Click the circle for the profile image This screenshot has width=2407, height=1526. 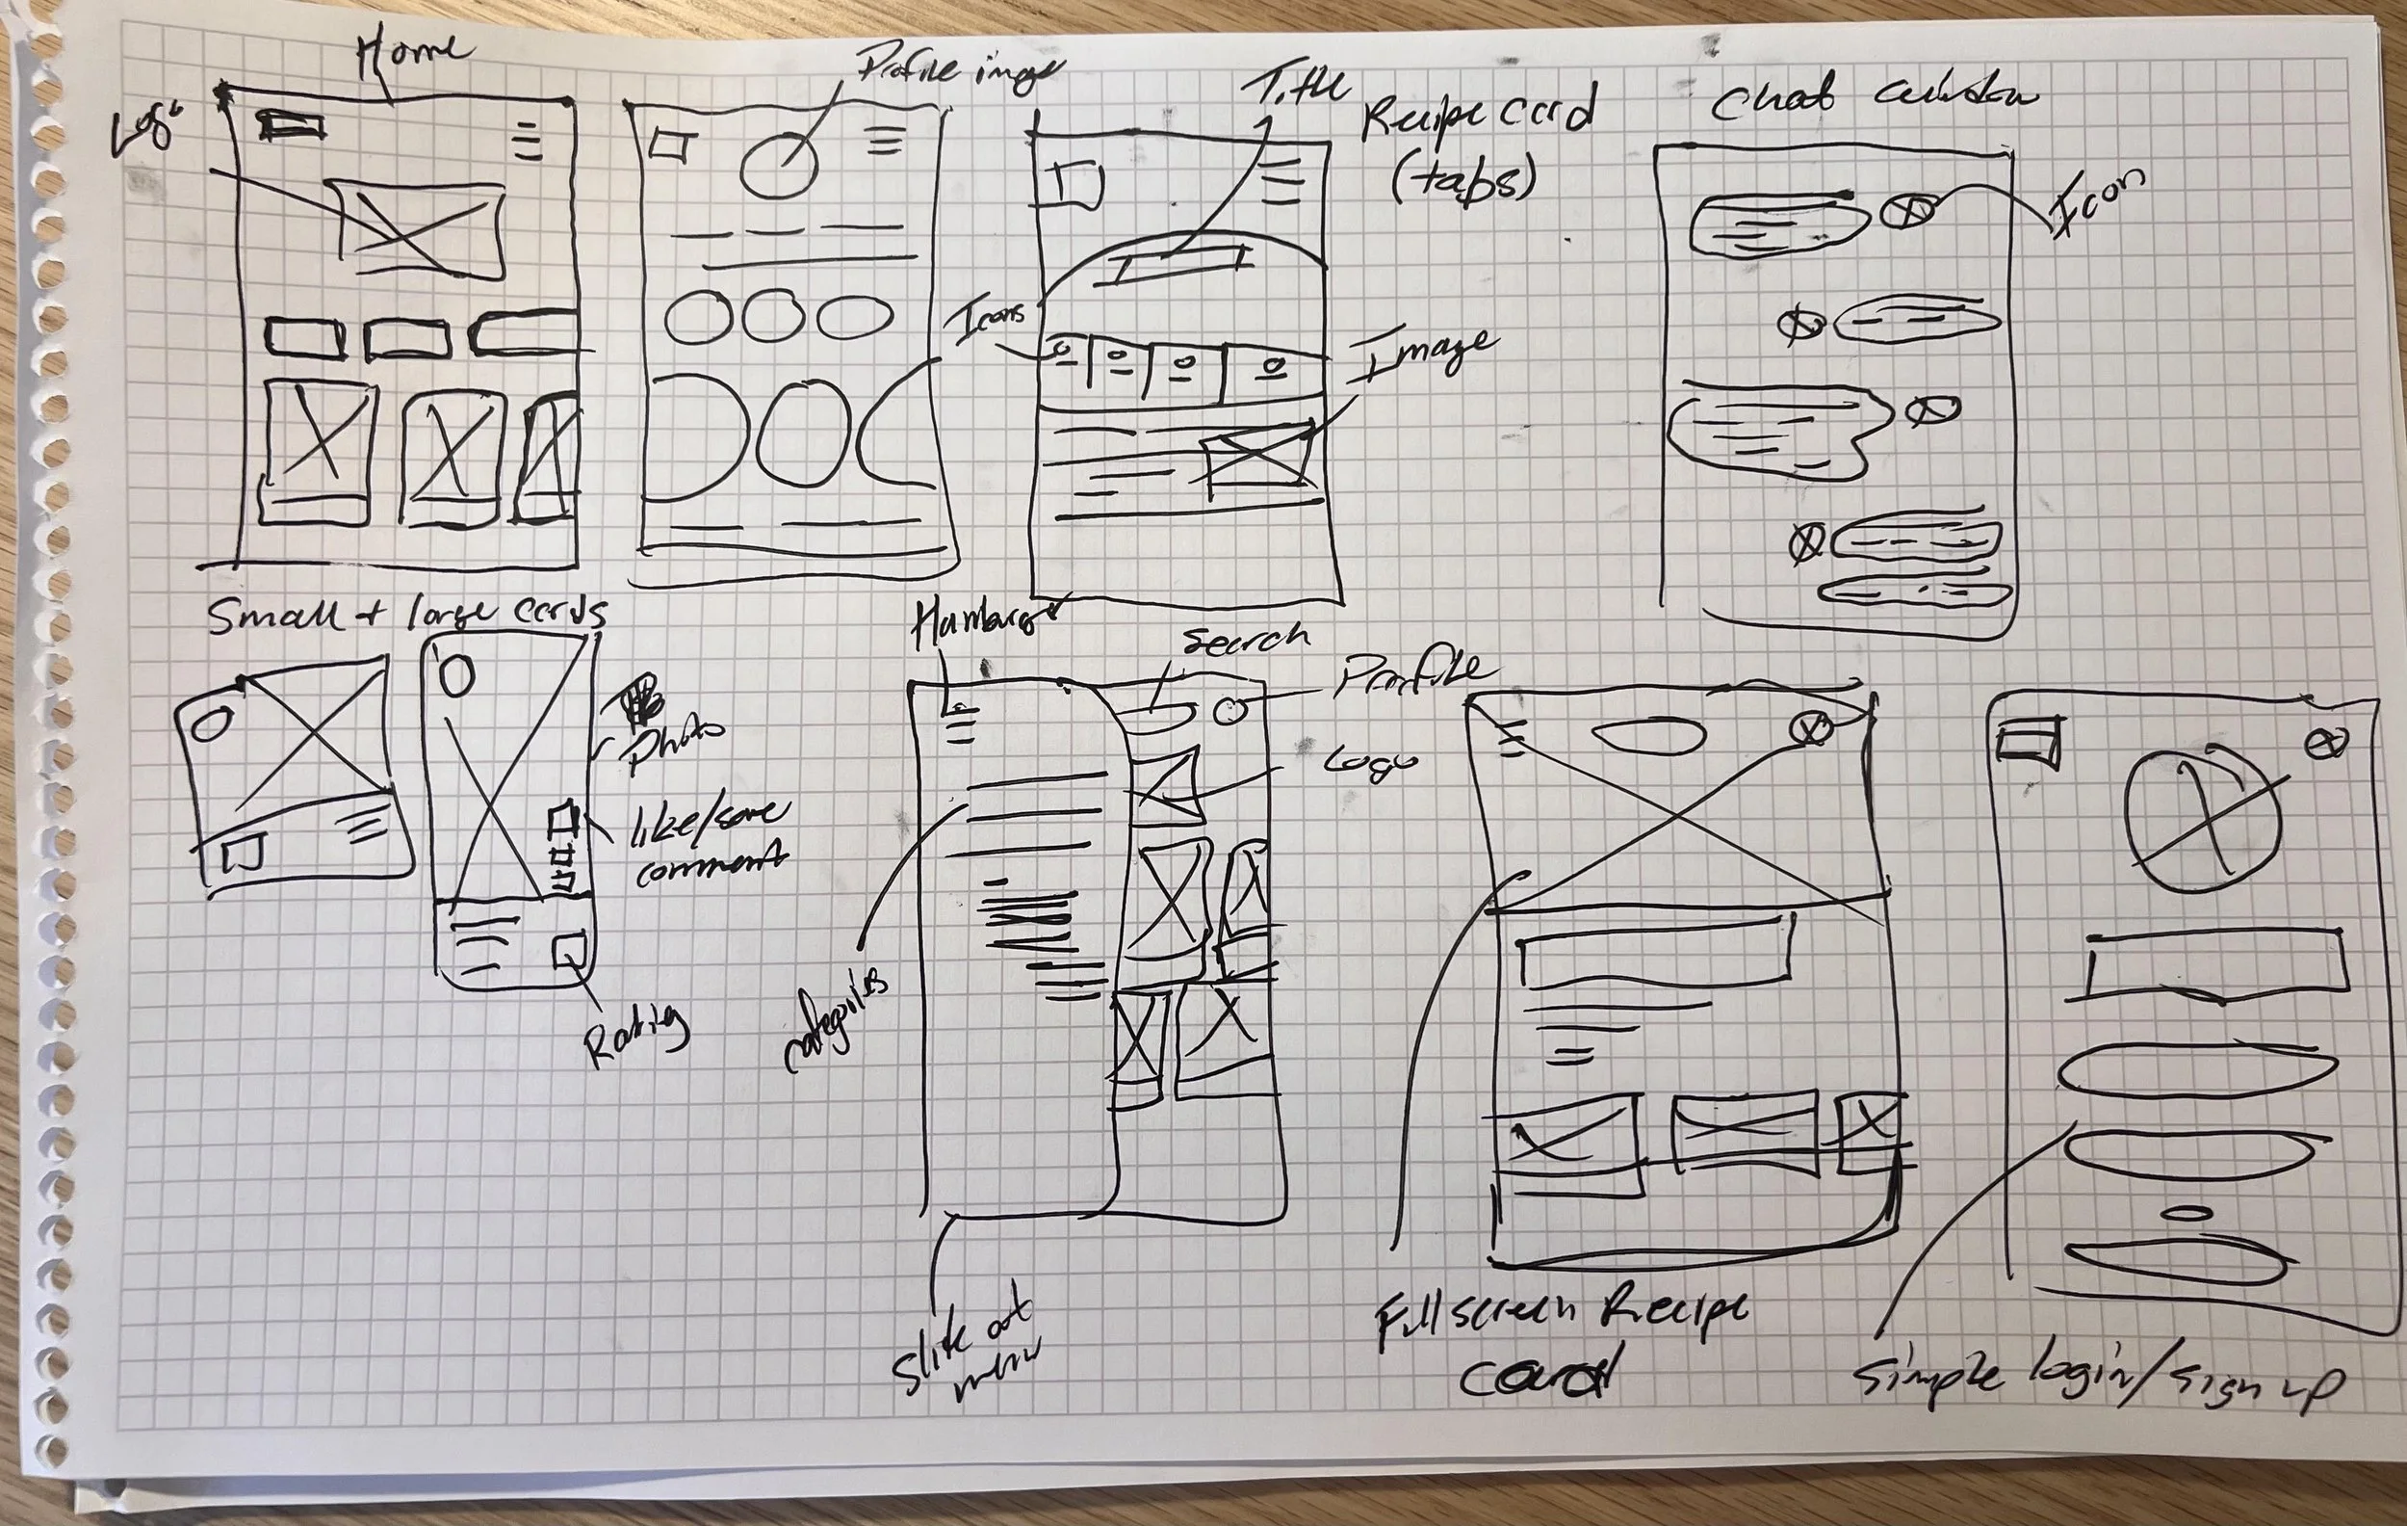click(779, 165)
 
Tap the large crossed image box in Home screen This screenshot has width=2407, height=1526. click(420, 230)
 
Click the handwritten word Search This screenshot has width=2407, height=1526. click(1245, 640)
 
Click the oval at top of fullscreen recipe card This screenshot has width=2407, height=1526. click(1646, 736)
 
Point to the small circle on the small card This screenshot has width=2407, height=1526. click(212, 723)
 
